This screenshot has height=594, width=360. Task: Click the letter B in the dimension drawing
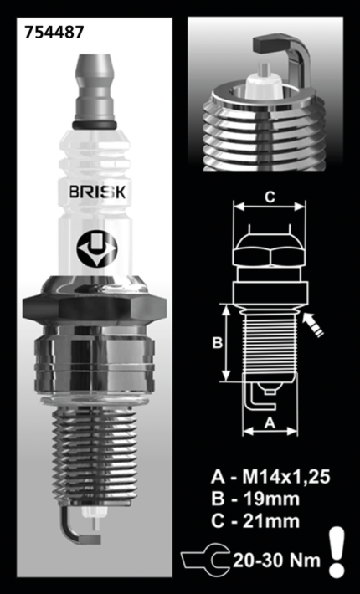tap(216, 343)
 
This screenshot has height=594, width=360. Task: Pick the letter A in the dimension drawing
tap(270, 422)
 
